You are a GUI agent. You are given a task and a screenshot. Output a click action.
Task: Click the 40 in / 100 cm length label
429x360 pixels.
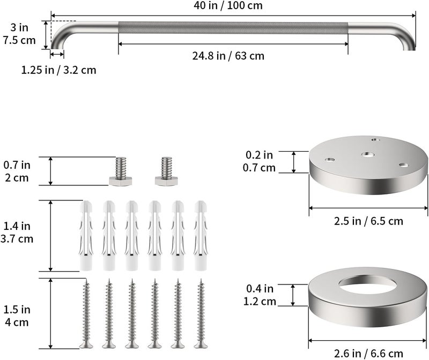coord(228,5)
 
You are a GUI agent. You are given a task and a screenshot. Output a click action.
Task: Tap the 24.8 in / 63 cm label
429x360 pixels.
coord(228,56)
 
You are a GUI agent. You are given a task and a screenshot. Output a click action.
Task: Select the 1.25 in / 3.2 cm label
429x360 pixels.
coord(59,70)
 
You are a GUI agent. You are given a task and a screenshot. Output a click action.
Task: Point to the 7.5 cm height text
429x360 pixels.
coord(19,41)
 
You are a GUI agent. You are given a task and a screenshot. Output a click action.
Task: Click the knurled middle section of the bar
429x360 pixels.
coord(233,28)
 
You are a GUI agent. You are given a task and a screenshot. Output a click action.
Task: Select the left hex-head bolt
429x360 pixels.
coord(120,171)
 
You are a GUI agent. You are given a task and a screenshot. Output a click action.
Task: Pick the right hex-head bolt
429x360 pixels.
coord(166,171)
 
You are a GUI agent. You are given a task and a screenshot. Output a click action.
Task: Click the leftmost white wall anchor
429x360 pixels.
coord(86,236)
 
